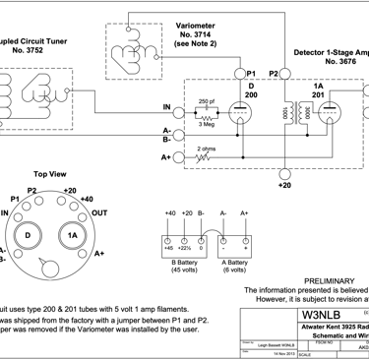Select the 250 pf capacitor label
(205, 100)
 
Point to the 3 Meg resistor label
(205, 125)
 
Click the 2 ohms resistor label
(204, 148)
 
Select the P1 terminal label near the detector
(252, 73)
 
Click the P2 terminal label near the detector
(275, 73)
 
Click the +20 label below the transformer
(284, 184)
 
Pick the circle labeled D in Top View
(30, 237)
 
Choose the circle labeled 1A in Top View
(71, 237)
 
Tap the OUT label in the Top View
(99, 212)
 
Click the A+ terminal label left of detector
(166, 156)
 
